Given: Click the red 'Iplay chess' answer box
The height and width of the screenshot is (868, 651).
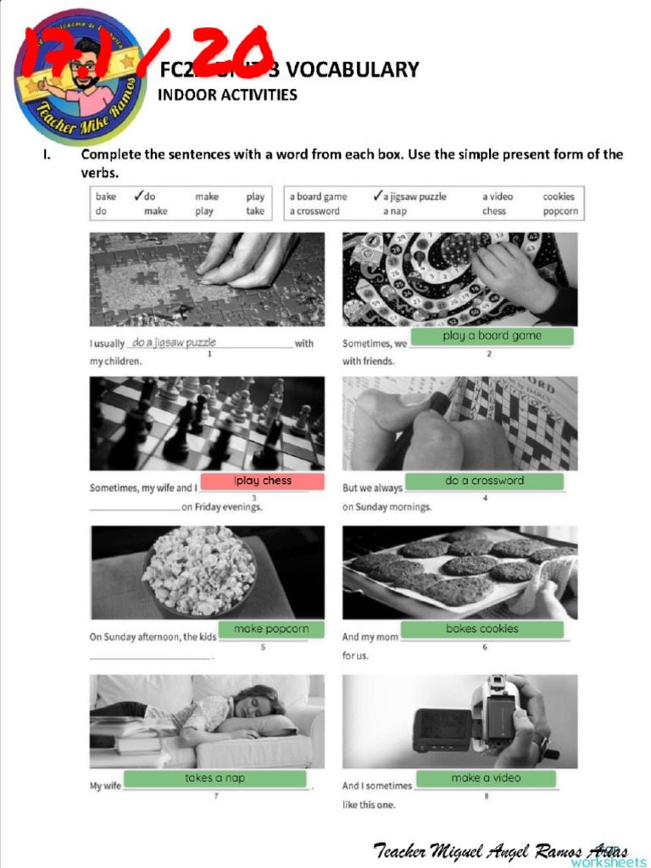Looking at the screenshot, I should pos(263,481).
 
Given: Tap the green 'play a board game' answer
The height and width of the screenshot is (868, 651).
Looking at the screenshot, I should pos(492,337).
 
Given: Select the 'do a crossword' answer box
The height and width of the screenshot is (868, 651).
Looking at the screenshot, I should pos(484,481).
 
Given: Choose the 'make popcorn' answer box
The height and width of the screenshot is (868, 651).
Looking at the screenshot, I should pos(271,630).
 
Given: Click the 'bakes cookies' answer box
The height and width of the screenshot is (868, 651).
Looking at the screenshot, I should pos(481,629).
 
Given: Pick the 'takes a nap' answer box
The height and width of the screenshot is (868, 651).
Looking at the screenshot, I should pos(215,778).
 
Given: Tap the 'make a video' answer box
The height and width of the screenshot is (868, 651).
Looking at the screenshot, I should pos(486,778).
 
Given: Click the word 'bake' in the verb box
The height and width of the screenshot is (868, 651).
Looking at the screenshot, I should pos(106,197).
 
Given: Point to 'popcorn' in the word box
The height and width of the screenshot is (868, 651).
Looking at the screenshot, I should pos(560,212).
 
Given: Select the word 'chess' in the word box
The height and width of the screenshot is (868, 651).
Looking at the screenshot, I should pos(494,212).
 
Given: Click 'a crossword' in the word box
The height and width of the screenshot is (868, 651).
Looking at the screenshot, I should pos(314,212).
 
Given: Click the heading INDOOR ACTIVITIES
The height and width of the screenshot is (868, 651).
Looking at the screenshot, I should pos(227,95).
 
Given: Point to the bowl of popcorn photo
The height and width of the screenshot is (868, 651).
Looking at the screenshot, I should pos(198,570).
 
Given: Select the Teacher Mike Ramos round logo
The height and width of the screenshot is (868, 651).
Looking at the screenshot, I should pos(81,78).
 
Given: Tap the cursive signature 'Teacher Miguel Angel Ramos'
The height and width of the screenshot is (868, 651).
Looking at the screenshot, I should pos(500,849).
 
